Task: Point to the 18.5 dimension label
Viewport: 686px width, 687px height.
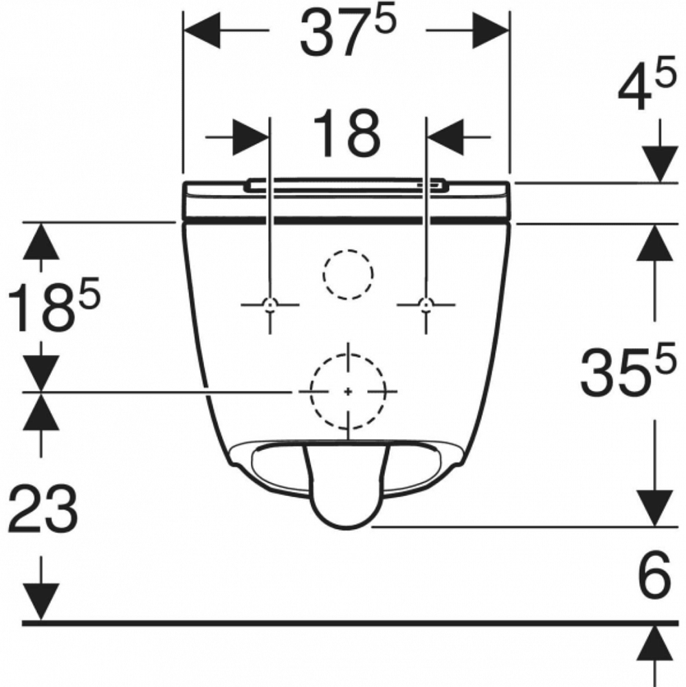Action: click(x=54, y=304)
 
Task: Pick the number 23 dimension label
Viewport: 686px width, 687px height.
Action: click(x=43, y=508)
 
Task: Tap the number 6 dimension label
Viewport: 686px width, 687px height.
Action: click(x=654, y=574)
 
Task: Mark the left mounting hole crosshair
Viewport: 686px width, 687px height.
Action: click(x=269, y=304)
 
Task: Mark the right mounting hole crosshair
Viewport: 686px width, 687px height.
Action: click(x=425, y=304)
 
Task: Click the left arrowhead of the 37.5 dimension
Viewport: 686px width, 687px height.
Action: click(x=201, y=30)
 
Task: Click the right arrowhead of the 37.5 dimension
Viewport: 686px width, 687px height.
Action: click(x=491, y=30)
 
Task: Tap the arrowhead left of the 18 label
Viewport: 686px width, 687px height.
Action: click(x=250, y=137)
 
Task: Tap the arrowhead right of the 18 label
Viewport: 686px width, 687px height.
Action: click(x=445, y=137)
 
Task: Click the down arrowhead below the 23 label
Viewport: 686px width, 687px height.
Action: click(x=41, y=602)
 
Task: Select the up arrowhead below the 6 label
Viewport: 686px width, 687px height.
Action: click(x=655, y=643)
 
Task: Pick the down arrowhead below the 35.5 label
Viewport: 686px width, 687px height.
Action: click(x=655, y=508)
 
